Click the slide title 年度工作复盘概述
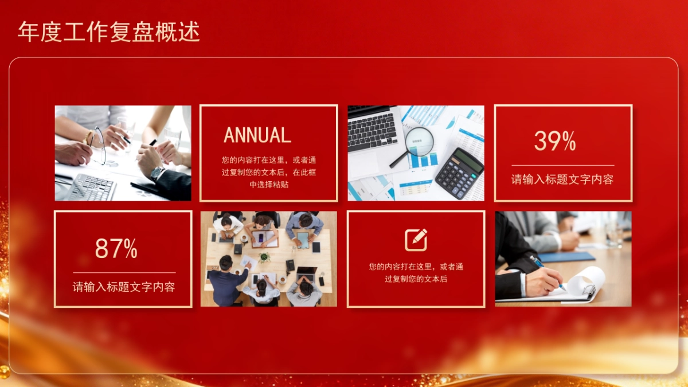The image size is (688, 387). (x=109, y=32)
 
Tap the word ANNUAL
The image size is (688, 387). (x=257, y=135)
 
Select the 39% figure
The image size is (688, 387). (x=555, y=141)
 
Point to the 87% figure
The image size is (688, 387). (x=116, y=249)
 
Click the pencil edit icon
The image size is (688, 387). (x=416, y=240)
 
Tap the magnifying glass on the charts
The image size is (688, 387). (x=419, y=139)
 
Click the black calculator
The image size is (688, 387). (x=459, y=173)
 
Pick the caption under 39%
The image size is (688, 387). (x=562, y=179)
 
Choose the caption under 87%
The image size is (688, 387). (x=124, y=287)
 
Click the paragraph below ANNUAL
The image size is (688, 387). (x=268, y=172)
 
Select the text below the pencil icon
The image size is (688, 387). (x=416, y=273)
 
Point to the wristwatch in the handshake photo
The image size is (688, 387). (x=156, y=172)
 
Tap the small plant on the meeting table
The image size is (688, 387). (x=264, y=257)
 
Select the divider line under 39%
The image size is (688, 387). (x=562, y=165)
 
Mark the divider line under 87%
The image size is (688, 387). (x=124, y=272)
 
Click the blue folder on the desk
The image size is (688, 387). (x=567, y=256)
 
